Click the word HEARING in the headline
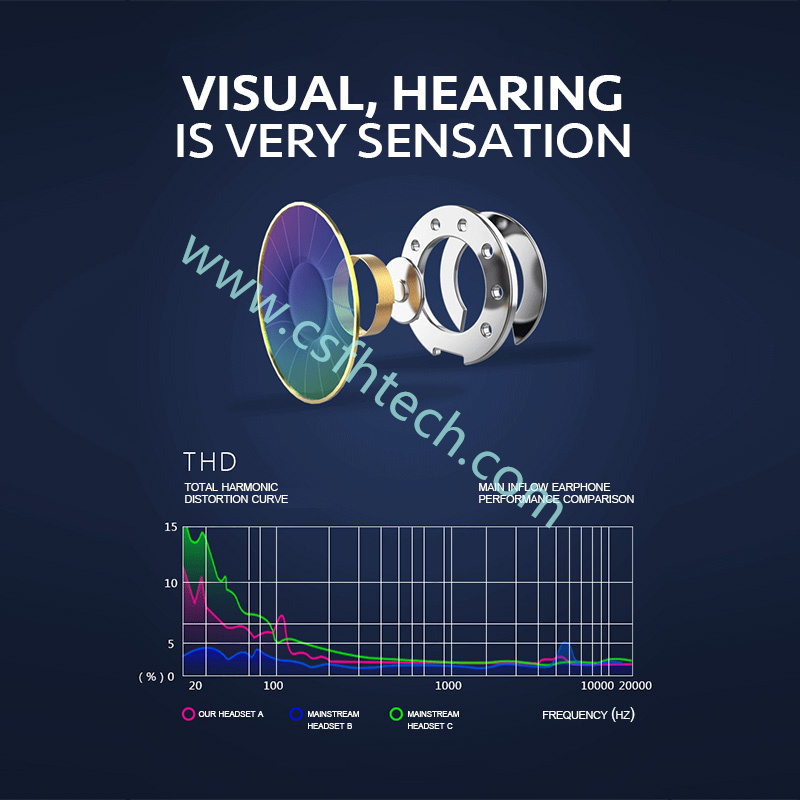(x=507, y=93)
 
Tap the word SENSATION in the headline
(x=494, y=140)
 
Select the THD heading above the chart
(x=210, y=462)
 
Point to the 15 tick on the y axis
(x=171, y=527)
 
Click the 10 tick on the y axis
(x=171, y=583)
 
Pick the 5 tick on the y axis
(x=171, y=644)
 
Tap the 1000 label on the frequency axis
(x=448, y=686)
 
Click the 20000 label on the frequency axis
(x=635, y=686)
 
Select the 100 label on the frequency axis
(x=273, y=686)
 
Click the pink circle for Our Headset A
(x=188, y=714)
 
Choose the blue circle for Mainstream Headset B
(x=296, y=714)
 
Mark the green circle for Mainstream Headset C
(x=396, y=714)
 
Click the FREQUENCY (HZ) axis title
(x=588, y=715)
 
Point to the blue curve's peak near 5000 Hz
(x=565, y=643)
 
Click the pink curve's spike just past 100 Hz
(x=281, y=616)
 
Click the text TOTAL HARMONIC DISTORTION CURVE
(x=236, y=493)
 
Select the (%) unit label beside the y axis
(x=151, y=677)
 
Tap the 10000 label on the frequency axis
(x=597, y=686)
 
